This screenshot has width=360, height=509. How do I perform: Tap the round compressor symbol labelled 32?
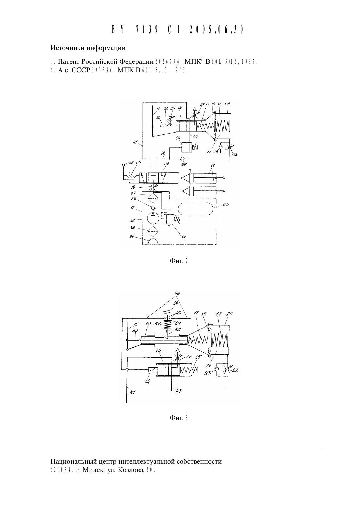pyautogui.click(x=153, y=219)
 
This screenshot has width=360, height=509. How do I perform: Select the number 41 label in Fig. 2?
pyautogui.click(x=136, y=143)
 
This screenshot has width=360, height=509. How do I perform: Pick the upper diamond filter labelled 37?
pyautogui.click(x=153, y=198)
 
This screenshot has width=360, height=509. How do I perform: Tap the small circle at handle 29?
pyautogui.click(x=124, y=165)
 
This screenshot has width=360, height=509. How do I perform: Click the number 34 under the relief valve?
pyautogui.click(x=183, y=237)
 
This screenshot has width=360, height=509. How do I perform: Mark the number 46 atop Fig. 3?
pyautogui.click(x=177, y=293)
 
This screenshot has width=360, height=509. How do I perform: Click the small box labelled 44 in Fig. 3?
pyautogui.click(x=152, y=370)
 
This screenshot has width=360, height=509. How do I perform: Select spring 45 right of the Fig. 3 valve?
pyautogui.click(x=189, y=370)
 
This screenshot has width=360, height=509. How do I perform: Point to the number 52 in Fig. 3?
pyautogui.click(x=148, y=324)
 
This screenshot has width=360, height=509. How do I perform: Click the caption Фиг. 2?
pyautogui.click(x=179, y=261)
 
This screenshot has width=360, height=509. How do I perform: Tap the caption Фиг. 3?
pyautogui.click(x=179, y=418)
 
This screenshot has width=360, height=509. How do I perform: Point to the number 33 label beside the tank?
pyautogui.click(x=226, y=204)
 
